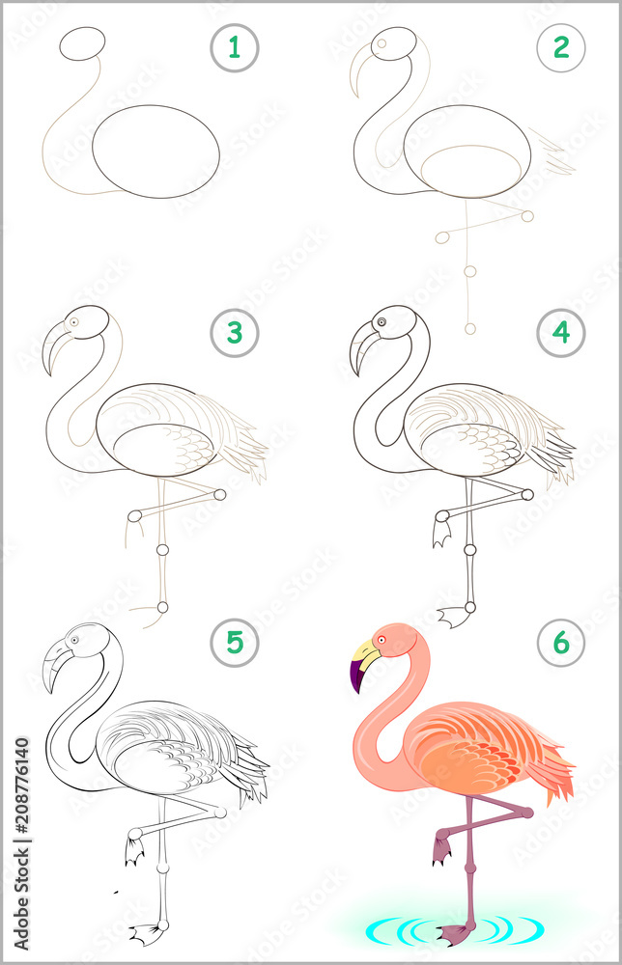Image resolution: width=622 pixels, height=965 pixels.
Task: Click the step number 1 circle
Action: (234, 47)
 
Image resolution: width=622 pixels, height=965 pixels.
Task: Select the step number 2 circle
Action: (561, 47)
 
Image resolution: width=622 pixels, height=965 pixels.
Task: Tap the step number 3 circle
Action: (234, 334)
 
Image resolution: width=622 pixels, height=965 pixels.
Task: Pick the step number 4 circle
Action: (561, 334)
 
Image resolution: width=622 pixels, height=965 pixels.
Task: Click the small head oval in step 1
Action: (82, 44)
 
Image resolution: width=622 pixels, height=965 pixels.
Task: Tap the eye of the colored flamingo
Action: (382, 639)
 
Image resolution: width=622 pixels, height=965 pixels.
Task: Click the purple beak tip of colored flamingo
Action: (356, 678)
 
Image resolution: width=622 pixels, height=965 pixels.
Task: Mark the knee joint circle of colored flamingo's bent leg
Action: (527, 813)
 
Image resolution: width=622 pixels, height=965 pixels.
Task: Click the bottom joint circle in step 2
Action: (470, 329)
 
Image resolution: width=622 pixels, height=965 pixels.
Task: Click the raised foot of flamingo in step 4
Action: (442, 531)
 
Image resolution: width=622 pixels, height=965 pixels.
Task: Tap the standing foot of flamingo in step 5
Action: (147, 932)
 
